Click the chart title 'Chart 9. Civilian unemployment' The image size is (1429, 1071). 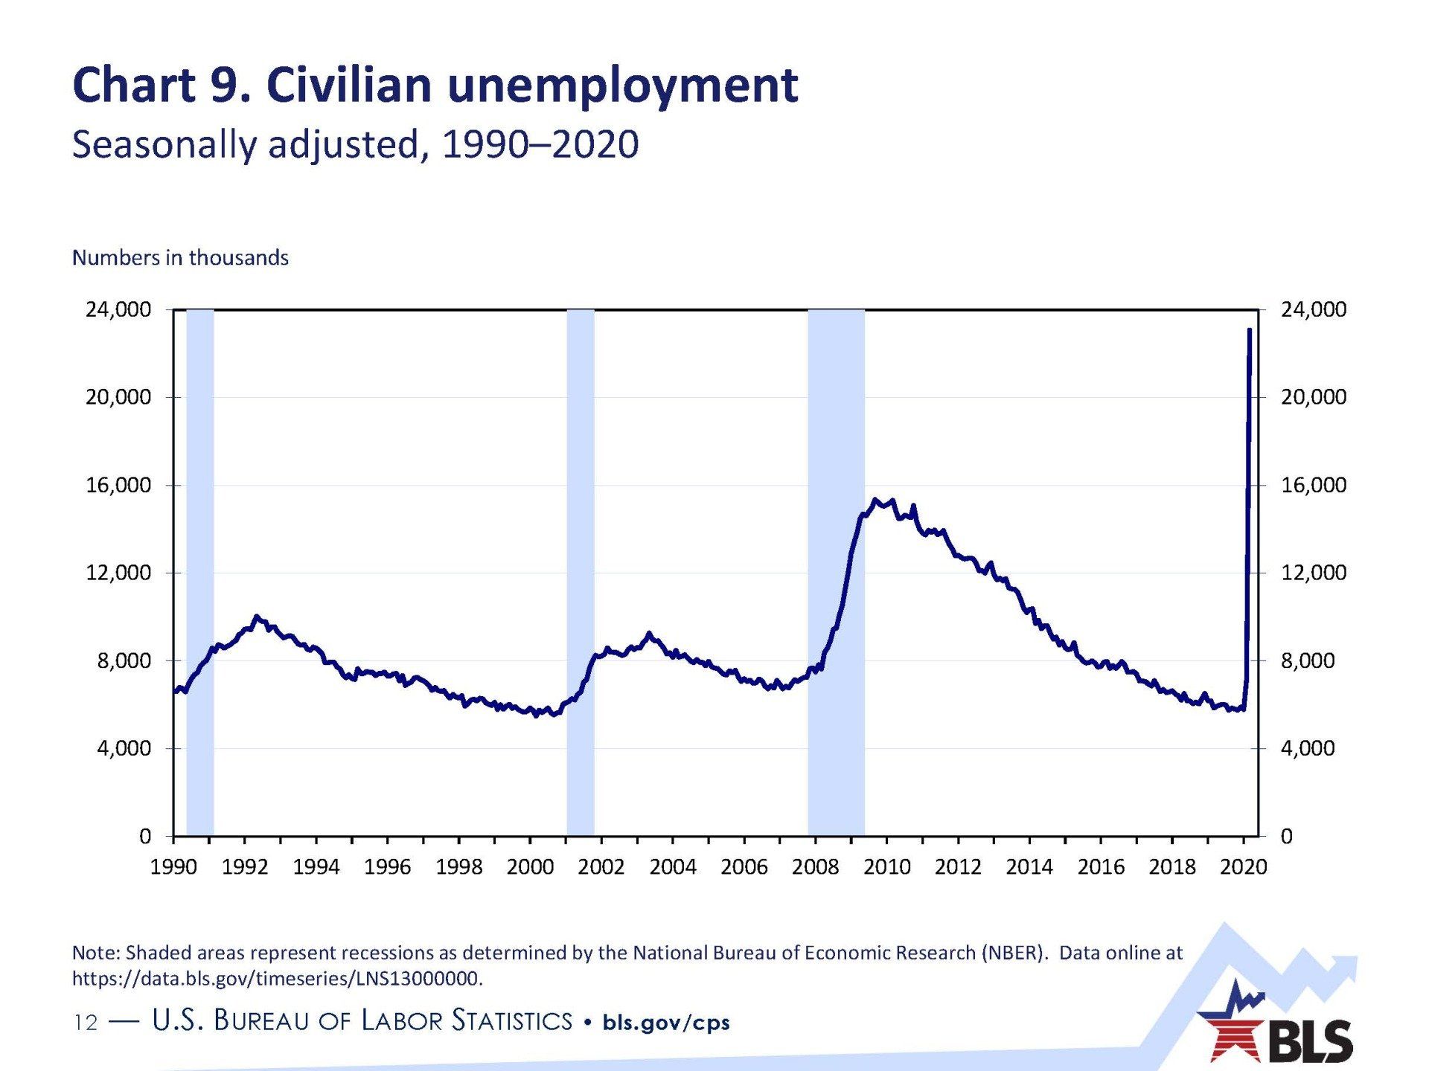[435, 85]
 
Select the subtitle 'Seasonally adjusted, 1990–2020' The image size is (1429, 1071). [355, 144]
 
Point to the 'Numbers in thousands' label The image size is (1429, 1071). [180, 258]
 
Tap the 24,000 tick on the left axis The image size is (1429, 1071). [118, 309]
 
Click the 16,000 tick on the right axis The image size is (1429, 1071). [1313, 485]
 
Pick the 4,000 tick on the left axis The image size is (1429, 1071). [124, 748]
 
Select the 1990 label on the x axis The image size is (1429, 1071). [173, 867]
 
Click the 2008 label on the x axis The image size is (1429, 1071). [815, 867]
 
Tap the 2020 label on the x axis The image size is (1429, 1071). [1243, 867]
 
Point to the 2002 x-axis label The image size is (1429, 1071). [601, 867]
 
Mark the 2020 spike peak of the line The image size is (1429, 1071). [1250, 329]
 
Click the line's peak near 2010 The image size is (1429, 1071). [875, 500]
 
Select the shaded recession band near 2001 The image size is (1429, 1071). [581, 573]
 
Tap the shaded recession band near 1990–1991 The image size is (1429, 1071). [200, 573]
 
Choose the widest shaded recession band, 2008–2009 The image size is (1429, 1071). [836, 573]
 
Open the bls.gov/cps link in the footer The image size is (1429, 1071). [666, 1023]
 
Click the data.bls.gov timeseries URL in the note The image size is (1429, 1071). [277, 979]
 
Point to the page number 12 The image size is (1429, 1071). [86, 1023]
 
